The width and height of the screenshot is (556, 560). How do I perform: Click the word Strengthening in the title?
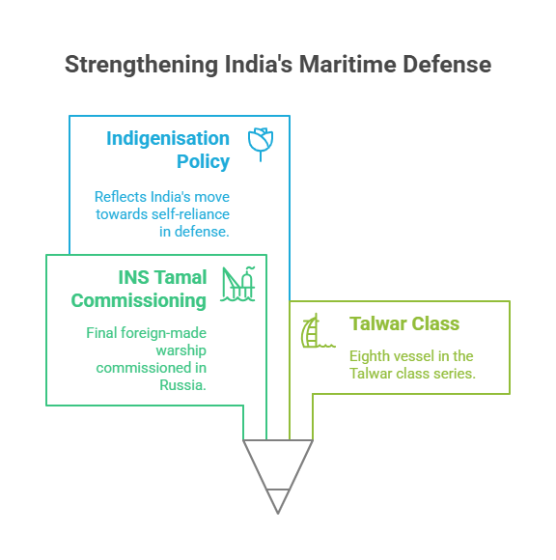tap(141, 65)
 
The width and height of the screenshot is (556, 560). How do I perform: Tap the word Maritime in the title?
tap(347, 65)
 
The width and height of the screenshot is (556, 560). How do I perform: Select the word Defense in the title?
tap(447, 65)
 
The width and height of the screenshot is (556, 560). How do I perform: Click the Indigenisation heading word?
tap(168, 139)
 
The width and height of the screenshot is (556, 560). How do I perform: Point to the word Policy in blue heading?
tap(203, 162)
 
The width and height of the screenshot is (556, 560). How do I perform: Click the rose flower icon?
tap(261, 144)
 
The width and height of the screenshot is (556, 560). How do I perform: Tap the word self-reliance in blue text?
tap(190, 214)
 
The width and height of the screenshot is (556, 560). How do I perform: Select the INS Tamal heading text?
tap(162, 277)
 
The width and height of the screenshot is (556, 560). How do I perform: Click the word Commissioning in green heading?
tap(139, 300)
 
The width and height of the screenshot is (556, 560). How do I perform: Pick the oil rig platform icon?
tap(237, 284)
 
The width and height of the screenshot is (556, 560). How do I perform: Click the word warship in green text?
tap(181, 350)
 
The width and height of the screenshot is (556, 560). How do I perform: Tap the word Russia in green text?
tap(182, 385)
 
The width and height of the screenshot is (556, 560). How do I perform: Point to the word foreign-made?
tap(163, 333)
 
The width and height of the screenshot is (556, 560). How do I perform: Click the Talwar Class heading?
tap(404, 323)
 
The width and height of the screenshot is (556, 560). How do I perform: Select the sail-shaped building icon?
tap(318, 331)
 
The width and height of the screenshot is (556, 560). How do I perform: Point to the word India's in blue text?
tap(170, 197)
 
